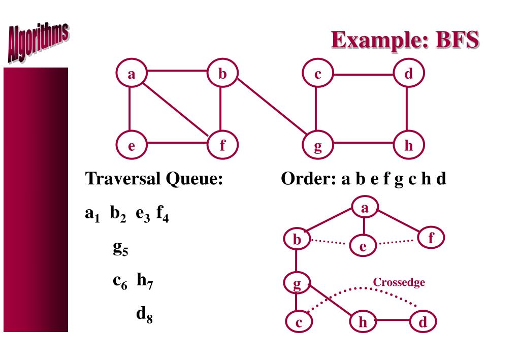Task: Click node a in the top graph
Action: [132, 74]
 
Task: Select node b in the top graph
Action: [222, 74]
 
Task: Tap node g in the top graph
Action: [317, 147]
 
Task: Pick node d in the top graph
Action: [408, 74]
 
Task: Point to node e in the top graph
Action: [132, 147]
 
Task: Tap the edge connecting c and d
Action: [363, 74]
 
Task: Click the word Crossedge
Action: [399, 283]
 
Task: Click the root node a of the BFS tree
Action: [364, 209]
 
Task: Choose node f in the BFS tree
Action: [430, 238]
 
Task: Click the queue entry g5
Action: [120, 248]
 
